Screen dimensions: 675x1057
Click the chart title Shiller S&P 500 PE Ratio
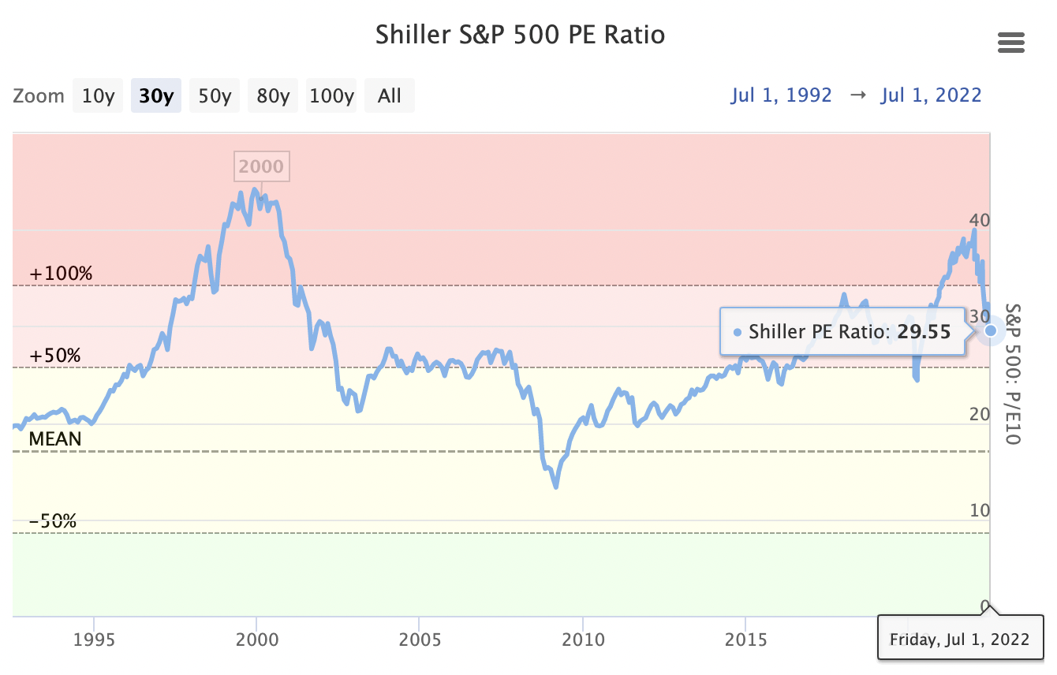(520, 35)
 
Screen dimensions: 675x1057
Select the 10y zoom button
(99, 96)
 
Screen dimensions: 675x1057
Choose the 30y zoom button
(156, 96)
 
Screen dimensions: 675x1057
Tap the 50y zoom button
(215, 96)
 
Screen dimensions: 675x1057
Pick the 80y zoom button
(273, 96)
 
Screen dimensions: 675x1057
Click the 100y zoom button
(331, 96)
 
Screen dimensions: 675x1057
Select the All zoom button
(390, 96)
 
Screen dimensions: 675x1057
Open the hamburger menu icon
(1010, 43)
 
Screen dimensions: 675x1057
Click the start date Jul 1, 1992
(781, 95)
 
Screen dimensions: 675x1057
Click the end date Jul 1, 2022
(931, 95)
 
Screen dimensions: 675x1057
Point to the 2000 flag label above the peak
(261, 166)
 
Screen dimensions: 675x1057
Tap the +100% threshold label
(61, 274)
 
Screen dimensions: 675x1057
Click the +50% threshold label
(55, 356)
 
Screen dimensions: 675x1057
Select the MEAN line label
(55, 439)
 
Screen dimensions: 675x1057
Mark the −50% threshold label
(53, 521)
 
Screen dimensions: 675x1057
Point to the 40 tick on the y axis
(978, 220)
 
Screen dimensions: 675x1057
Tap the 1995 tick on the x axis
(94, 639)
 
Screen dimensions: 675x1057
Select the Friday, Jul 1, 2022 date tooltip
(959, 639)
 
